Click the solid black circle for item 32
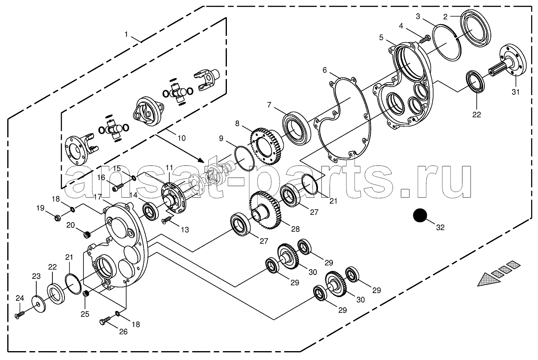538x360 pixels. pyautogui.click(x=420, y=215)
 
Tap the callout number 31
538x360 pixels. pyautogui.click(x=515, y=92)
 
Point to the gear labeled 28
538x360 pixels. pyautogui.click(x=265, y=210)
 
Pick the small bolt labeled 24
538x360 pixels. pyautogui.click(x=20, y=315)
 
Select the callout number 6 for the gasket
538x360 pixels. pyautogui.click(x=324, y=70)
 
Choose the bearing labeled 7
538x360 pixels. pyautogui.click(x=296, y=128)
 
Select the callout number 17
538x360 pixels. pyautogui.click(x=98, y=197)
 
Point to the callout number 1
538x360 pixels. pyautogui.click(x=126, y=35)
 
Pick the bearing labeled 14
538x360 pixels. pyautogui.click(x=151, y=212)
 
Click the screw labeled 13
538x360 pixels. pyautogui.click(x=167, y=220)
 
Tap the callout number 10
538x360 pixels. pyautogui.click(x=182, y=138)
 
